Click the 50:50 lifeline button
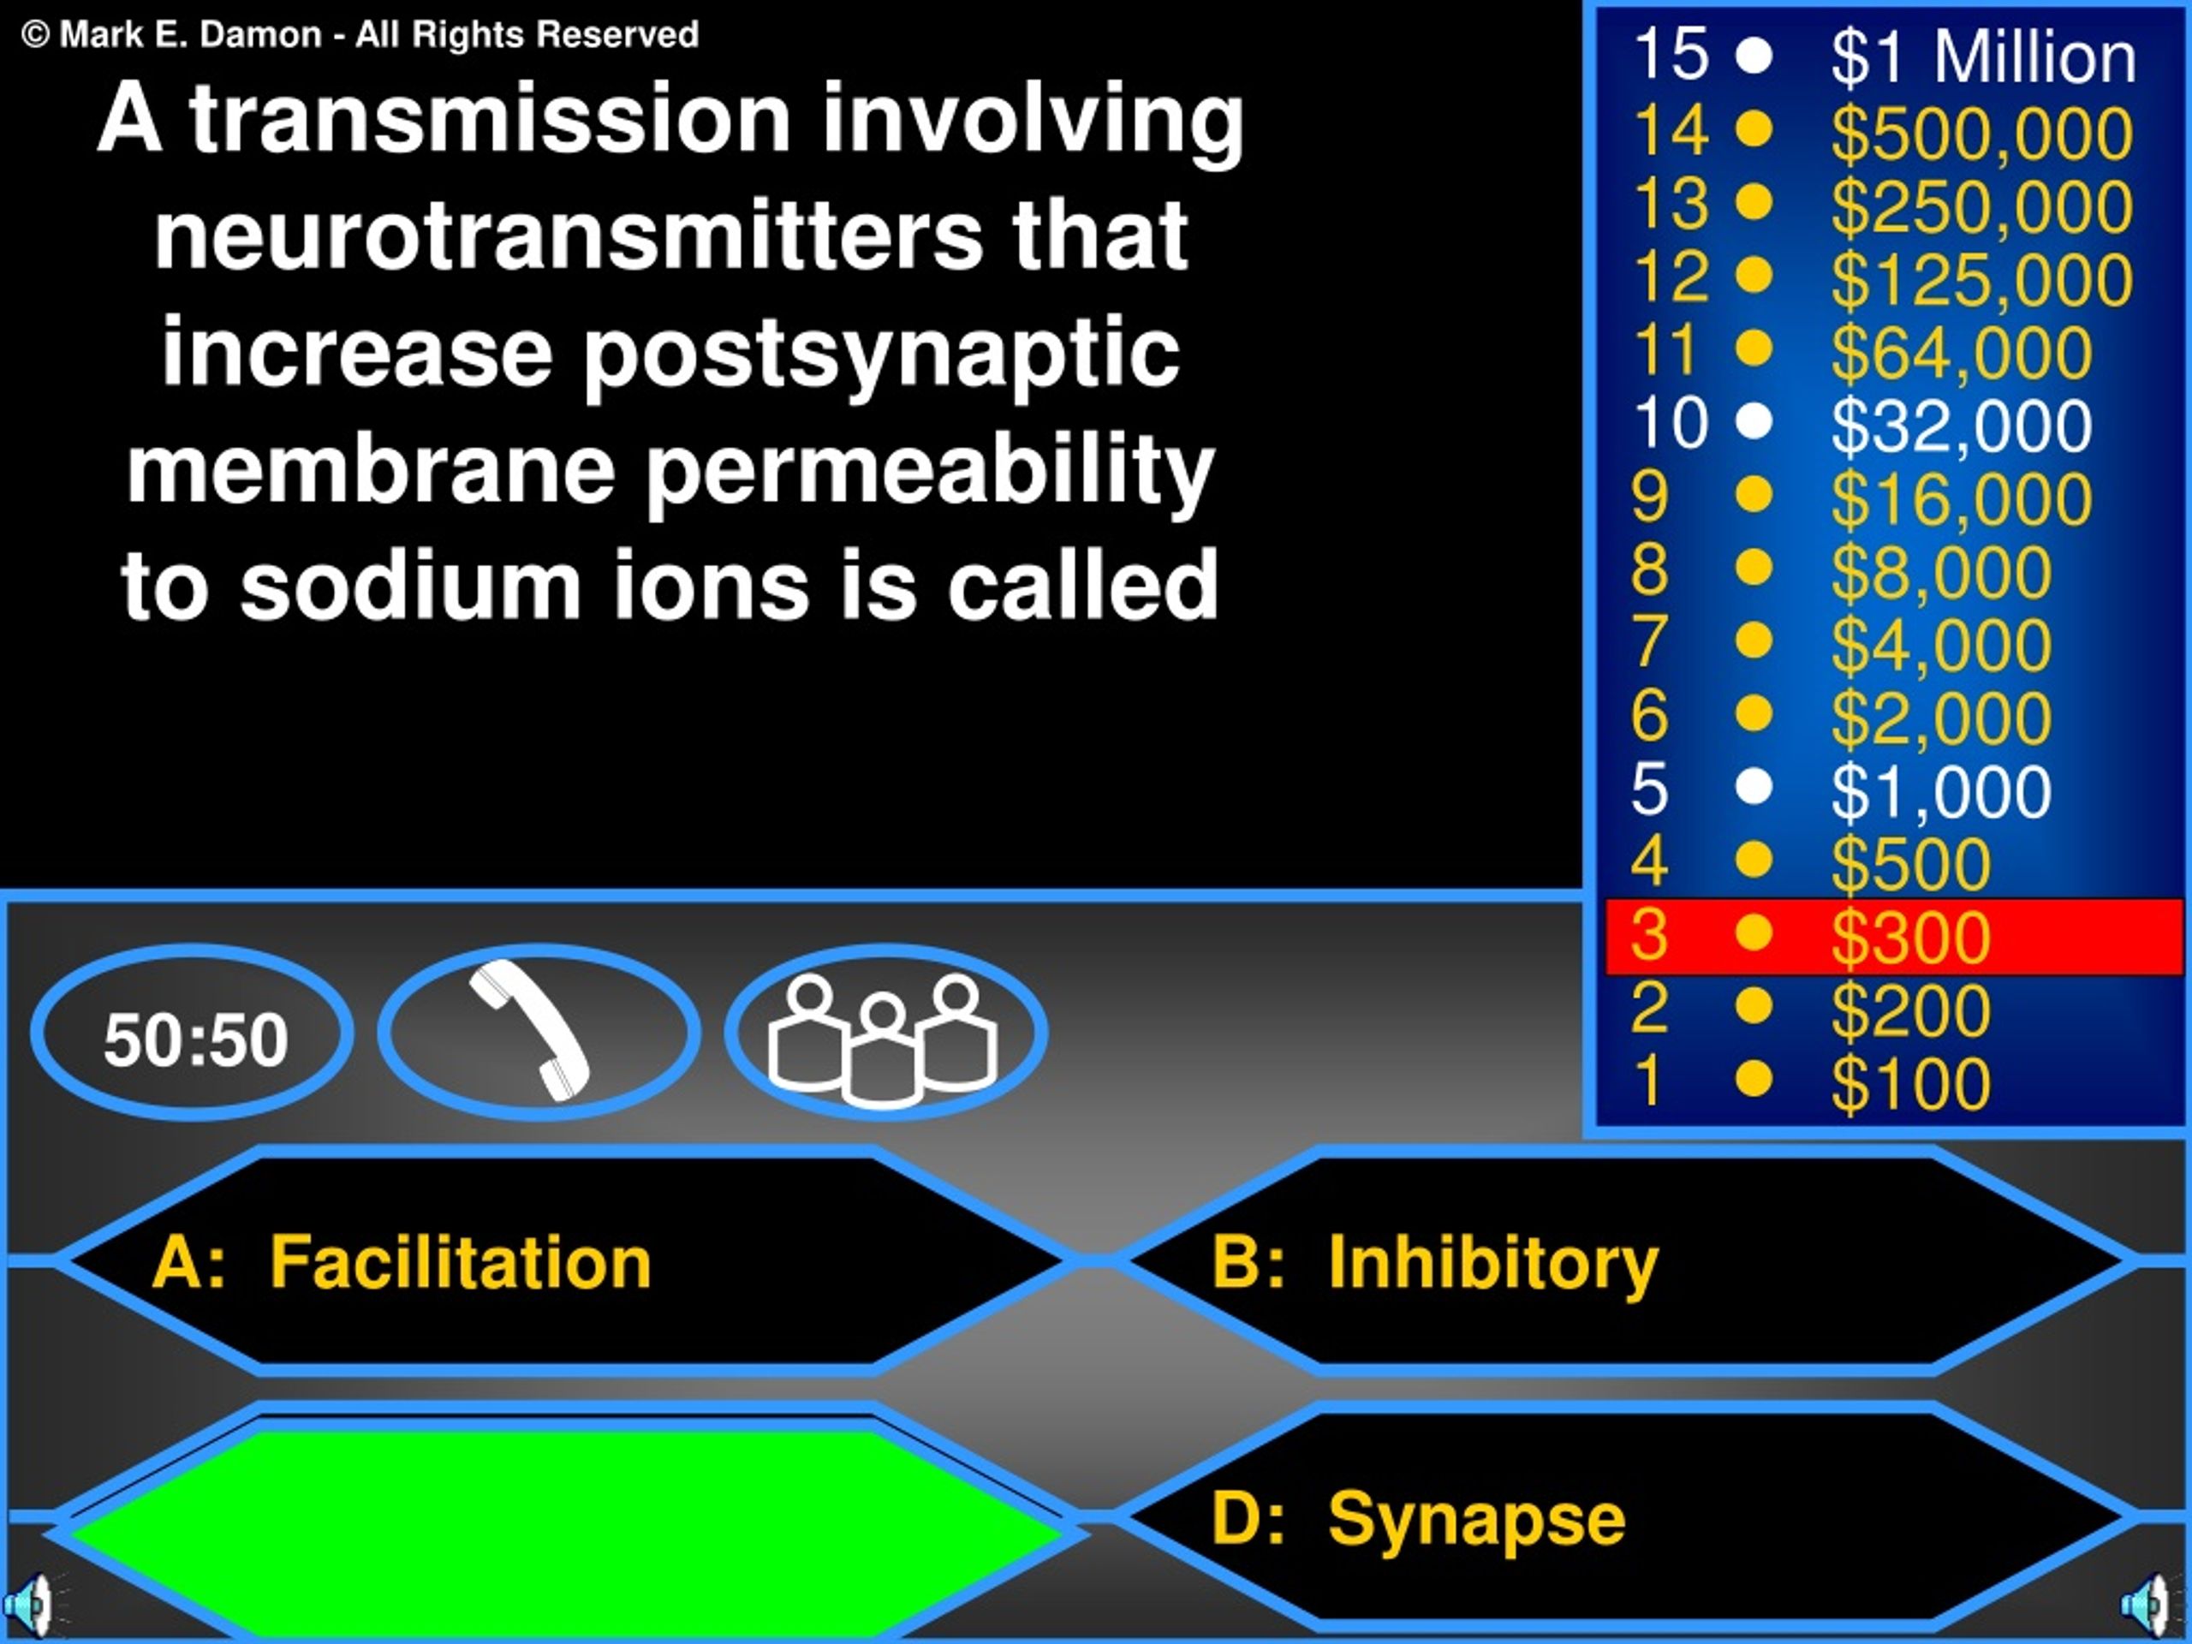193,1033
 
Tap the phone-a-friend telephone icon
531,1031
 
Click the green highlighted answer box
565,1531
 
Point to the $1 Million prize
1983,57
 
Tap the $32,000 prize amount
1961,424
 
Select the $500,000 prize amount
1981,132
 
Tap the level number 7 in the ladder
1649,641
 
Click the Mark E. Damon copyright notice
360,35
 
